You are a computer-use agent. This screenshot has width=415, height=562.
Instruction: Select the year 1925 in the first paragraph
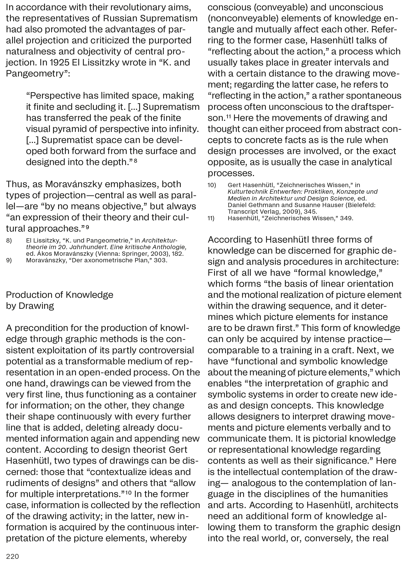click(60, 62)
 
